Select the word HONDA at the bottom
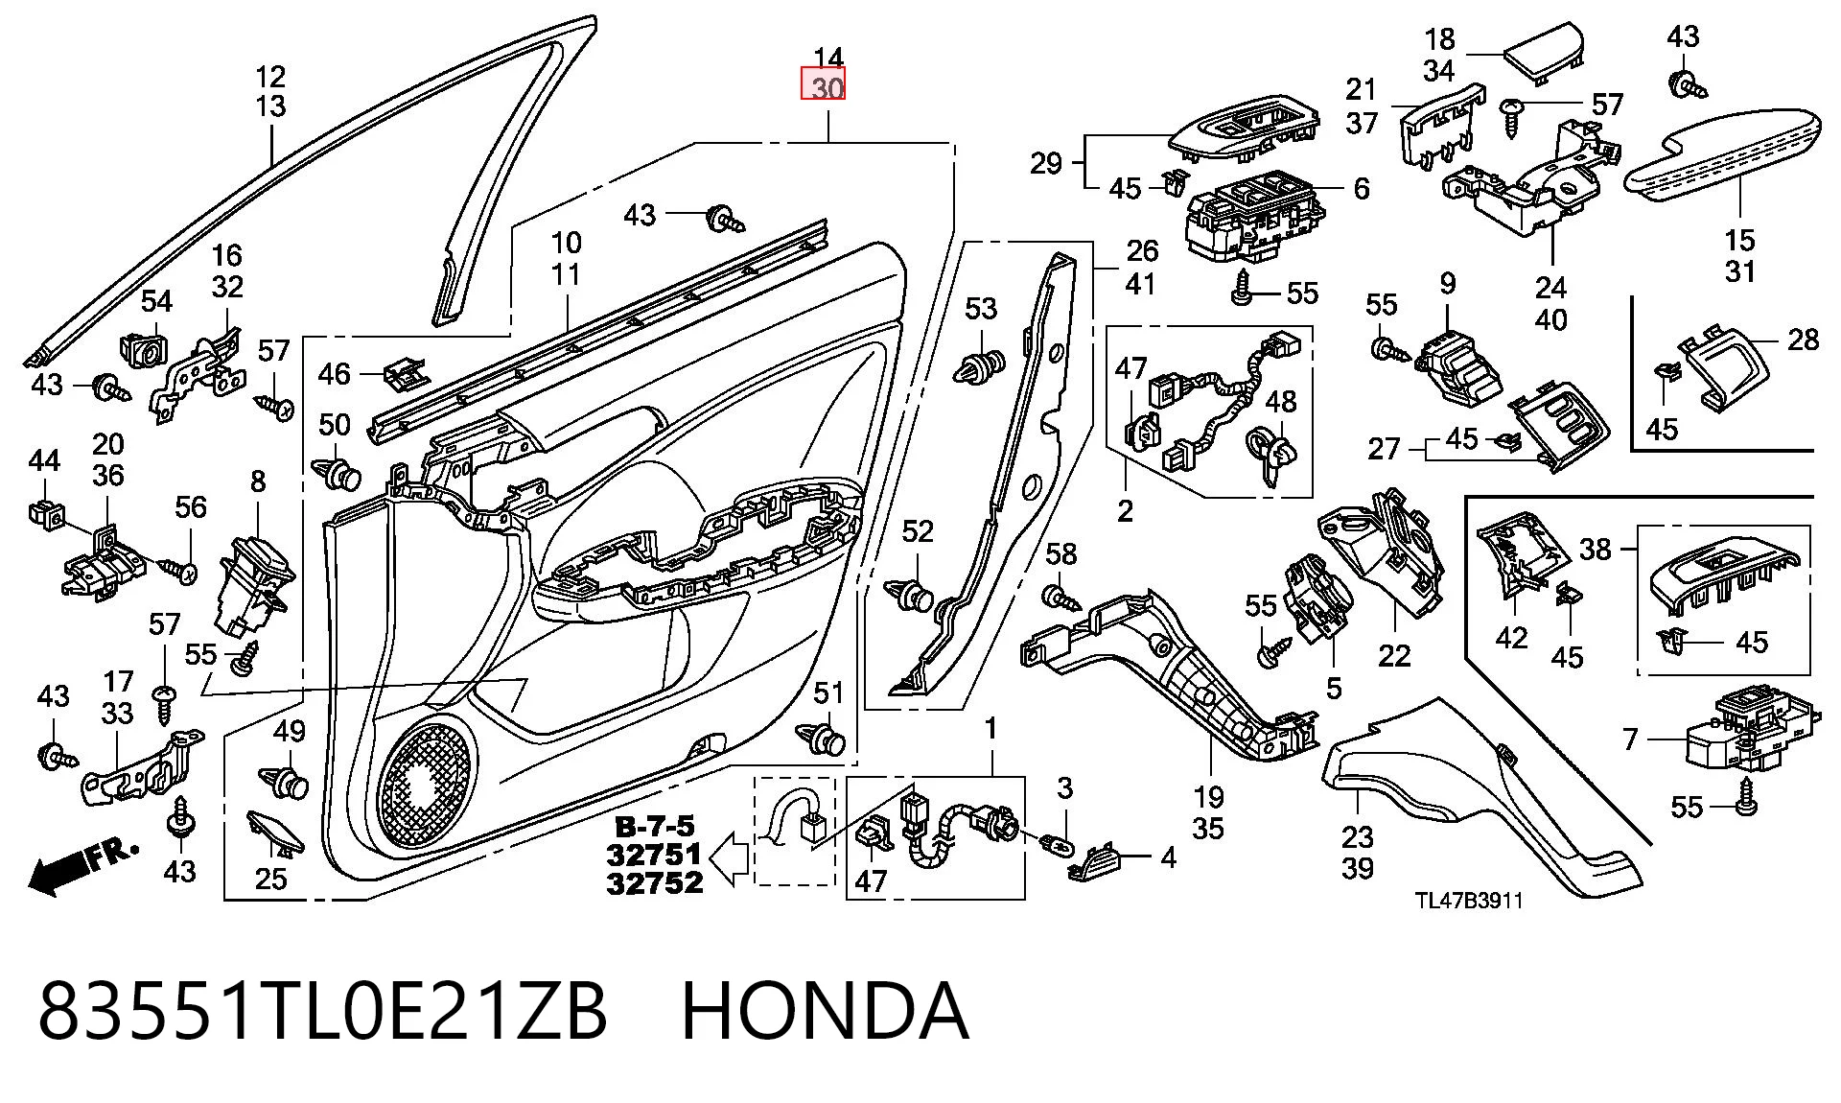(x=825, y=1011)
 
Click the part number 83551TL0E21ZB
(x=322, y=1011)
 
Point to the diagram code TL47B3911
(x=1469, y=901)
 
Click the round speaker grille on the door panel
(x=428, y=790)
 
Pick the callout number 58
(x=1060, y=554)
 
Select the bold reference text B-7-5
(x=655, y=827)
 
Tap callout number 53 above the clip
(x=981, y=309)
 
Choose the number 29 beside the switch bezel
(x=1046, y=163)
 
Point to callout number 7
(x=1630, y=739)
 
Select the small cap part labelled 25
(x=276, y=834)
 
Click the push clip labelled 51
(x=823, y=739)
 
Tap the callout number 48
(x=1281, y=401)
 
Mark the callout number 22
(x=1394, y=655)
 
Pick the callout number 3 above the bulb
(x=1064, y=788)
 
